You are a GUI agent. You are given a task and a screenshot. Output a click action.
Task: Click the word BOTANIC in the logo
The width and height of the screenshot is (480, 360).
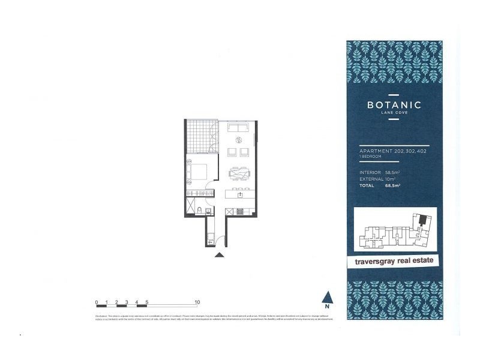point(394,104)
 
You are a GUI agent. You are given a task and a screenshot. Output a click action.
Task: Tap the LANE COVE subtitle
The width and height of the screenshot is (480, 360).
point(394,112)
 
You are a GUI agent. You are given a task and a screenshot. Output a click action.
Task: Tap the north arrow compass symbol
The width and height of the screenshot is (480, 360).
point(328,297)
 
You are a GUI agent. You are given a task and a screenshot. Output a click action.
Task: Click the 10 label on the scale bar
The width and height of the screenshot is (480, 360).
point(197,302)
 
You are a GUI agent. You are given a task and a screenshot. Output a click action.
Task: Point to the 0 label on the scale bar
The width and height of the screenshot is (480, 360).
point(97,302)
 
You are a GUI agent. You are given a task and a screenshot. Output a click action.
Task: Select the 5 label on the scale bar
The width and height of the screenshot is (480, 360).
point(147,302)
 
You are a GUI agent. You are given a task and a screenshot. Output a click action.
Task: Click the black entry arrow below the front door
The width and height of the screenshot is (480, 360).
point(220,254)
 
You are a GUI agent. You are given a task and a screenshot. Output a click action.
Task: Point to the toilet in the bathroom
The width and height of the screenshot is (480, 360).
point(199,209)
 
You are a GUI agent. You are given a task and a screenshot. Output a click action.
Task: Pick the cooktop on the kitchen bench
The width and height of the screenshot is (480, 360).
point(238,211)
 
